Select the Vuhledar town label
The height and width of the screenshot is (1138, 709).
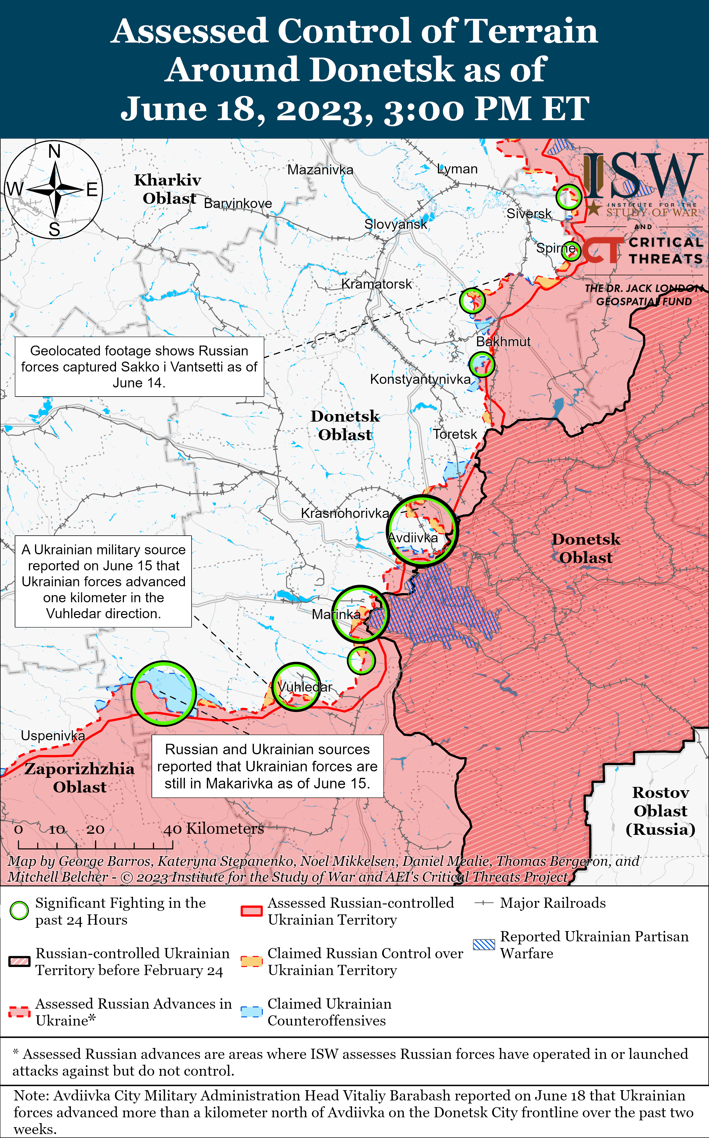(305, 687)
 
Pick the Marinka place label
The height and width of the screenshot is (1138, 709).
(336, 614)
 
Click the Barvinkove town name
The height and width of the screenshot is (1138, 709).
(238, 204)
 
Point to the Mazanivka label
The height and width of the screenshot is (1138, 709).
(320, 170)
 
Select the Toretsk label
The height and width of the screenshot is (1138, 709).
(454, 434)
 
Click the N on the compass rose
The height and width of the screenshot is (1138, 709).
(54, 152)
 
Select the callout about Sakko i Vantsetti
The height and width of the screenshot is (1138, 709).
(139, 367)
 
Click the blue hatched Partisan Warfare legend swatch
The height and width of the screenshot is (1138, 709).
(484, 944)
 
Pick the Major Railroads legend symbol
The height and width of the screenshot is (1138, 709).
(484, 903)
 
